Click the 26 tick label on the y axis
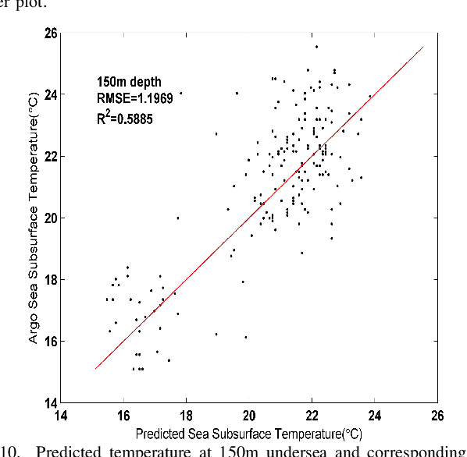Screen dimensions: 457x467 50,34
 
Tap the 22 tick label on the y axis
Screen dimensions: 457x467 50,157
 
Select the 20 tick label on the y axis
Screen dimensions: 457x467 50,218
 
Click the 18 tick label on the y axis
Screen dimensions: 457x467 50,280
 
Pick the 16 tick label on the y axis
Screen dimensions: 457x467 50,342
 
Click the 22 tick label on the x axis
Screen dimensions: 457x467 312,416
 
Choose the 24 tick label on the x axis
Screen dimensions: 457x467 375,416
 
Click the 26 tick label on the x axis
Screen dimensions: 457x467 437,416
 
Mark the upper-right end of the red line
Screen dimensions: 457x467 423,47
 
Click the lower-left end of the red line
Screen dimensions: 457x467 95,369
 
